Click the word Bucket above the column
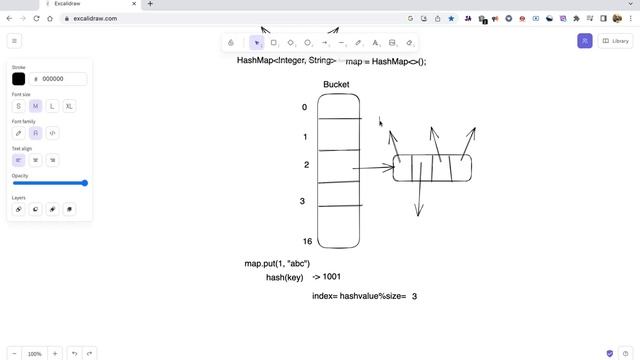click(336, 85)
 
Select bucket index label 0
click(304, 107)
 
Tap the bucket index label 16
click(307, 242)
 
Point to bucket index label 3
click(302, 201)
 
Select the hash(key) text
click(284, 277)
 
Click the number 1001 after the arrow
click(332, 277)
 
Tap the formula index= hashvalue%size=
click(358, 296)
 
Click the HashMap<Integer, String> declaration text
click(286, 61)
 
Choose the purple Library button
click(615, 41)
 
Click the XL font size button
click(69, 106)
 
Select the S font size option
click(18, 106)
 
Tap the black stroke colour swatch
click(18, 79)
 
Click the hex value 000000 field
click(53, 79)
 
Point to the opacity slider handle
click(85, 183)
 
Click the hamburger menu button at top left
click(14, 41)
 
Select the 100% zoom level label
click(35, 354)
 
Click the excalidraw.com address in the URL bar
click(96, 18)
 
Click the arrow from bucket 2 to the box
click(375, 168)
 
